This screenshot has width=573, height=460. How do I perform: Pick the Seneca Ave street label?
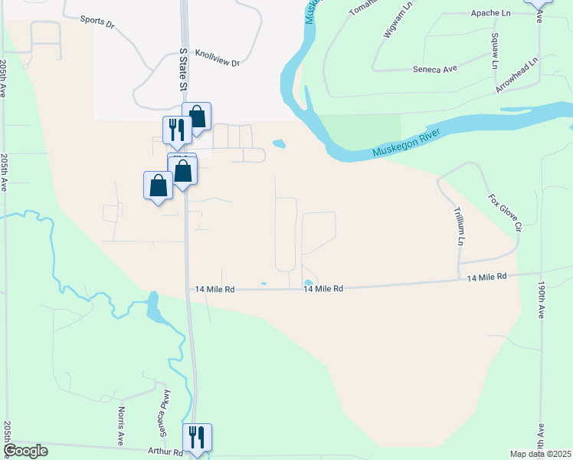(x=434, y=69)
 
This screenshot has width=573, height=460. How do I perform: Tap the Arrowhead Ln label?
(x=516, y=76)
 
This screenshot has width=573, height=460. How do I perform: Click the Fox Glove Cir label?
(x=505, y=212)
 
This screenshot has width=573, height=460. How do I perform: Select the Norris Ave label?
(x=121, y=427)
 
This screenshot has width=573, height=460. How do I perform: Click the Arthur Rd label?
(x=167, y=453)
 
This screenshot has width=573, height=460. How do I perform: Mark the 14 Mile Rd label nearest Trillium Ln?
(x=486, y=277)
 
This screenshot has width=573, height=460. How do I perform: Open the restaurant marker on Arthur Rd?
(x=197, y=438)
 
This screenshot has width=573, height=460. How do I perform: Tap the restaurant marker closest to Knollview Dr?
(x=176, y=130)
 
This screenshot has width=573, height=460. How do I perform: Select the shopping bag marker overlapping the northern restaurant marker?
(x=197, y=117)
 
